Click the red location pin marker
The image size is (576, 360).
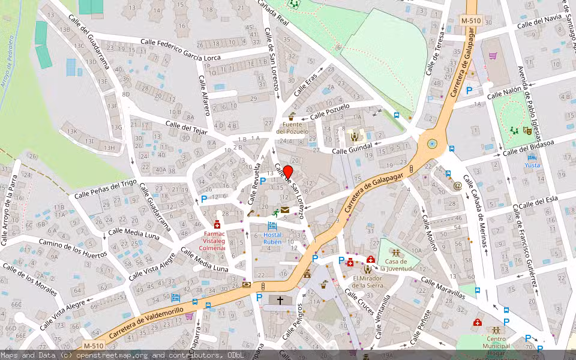[287, 172]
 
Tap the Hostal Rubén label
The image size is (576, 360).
[272, 238]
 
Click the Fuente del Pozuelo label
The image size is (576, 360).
[292, 128]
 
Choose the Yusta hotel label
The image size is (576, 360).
[532, 165]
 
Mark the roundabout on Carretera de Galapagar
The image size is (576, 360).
[431, 143]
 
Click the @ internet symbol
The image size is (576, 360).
[458, 185]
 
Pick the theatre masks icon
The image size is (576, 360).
[527, 130]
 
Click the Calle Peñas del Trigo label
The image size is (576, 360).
[106, 190]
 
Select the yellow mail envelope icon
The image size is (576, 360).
[284, 210]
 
